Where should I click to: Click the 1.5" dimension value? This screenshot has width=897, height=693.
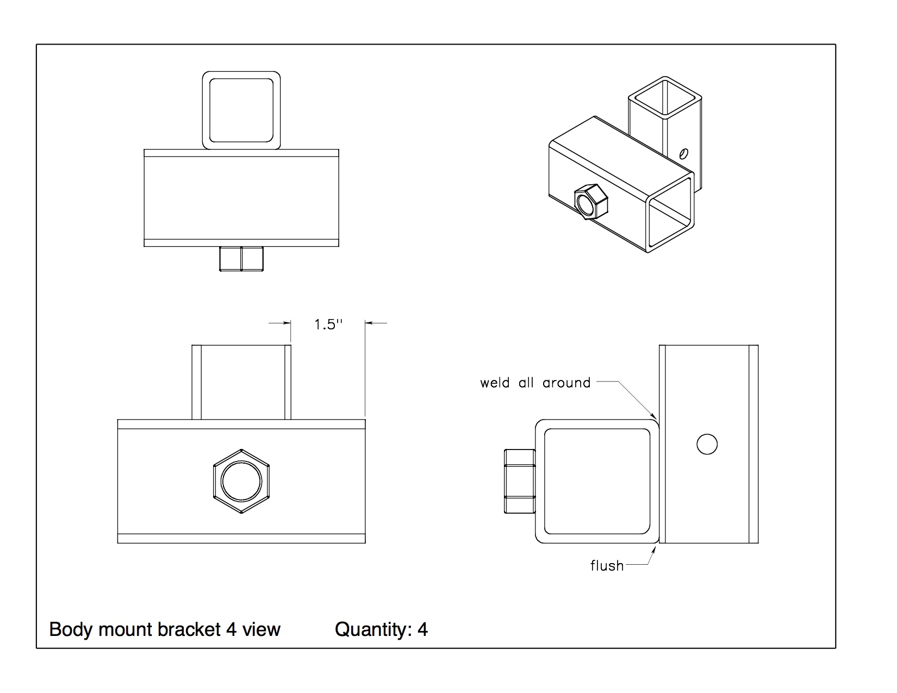pyautogui.click(x=328, y=325)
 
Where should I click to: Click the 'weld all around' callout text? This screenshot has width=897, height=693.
pyautogui.click(x=535, y=383)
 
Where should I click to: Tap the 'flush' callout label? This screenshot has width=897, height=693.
pyautogui.click(x=607, y=566)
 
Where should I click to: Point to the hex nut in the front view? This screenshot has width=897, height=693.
pyautogui.click(x=241, y=480)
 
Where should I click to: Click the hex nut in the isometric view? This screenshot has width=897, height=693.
pyautogui.click(x=591, y=201)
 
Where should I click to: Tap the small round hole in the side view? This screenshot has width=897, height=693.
pyautogui.click(x=707, y=444)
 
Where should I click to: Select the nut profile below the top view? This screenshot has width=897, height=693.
pyautogui.click(x=241, y=259)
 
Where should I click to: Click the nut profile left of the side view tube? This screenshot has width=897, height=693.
pyautogui.click(x=520, y=480)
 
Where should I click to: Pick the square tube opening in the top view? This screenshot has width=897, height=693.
pyautogui.click(x=241, y=110)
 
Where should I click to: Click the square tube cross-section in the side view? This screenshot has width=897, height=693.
pyautogui.click(x=597, y=481)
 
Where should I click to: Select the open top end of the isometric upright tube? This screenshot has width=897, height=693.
pyautogui.click(x=665, y=98)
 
